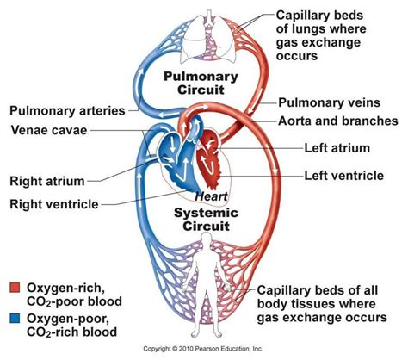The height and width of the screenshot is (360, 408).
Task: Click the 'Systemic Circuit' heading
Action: click(x=200, y=220)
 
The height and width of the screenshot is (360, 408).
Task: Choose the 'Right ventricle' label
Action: click(x=52, y=204)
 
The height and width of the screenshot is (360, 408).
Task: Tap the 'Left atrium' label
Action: click(x=337, y=147)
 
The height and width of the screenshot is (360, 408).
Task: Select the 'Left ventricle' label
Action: click(x=343, y=176)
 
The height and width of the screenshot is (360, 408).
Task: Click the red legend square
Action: click(x=14, y=286)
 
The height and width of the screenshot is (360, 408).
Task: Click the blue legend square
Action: click(x=14, y=320)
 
